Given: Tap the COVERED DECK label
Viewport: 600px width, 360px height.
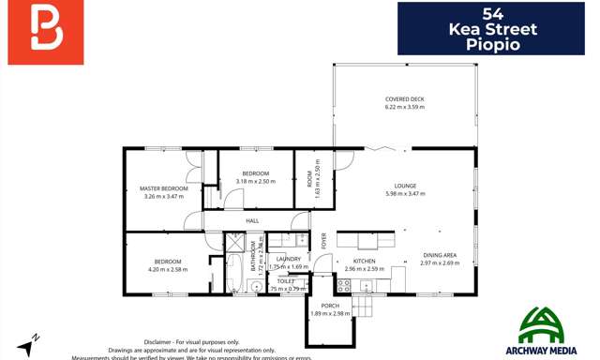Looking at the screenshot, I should pyautogui.click(x=404, y=99).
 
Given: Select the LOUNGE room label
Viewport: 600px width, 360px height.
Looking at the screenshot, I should pyautogui.click(x=405, y=186).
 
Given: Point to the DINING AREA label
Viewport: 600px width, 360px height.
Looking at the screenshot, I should pyautogui.click(x=439, y=255).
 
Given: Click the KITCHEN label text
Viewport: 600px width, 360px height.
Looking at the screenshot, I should pyautogui.click(x=364, y=261).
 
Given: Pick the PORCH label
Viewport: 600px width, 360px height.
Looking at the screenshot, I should pyautogui.click(x=330, y=306).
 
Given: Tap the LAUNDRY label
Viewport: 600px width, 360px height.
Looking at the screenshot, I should pyautogui.click(x=289, y=259).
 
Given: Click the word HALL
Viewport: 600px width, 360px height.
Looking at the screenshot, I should pyautogui.click(x=252, y=221).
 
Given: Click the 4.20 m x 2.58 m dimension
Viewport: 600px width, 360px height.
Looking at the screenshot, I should pyautogui.click(x=168, y=269).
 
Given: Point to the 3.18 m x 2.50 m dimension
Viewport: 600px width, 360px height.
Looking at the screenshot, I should pyautogui.click(x=255, y=181).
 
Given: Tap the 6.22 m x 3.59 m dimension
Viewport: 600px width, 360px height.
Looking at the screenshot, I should pyautogui.click(x=404, y=108).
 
